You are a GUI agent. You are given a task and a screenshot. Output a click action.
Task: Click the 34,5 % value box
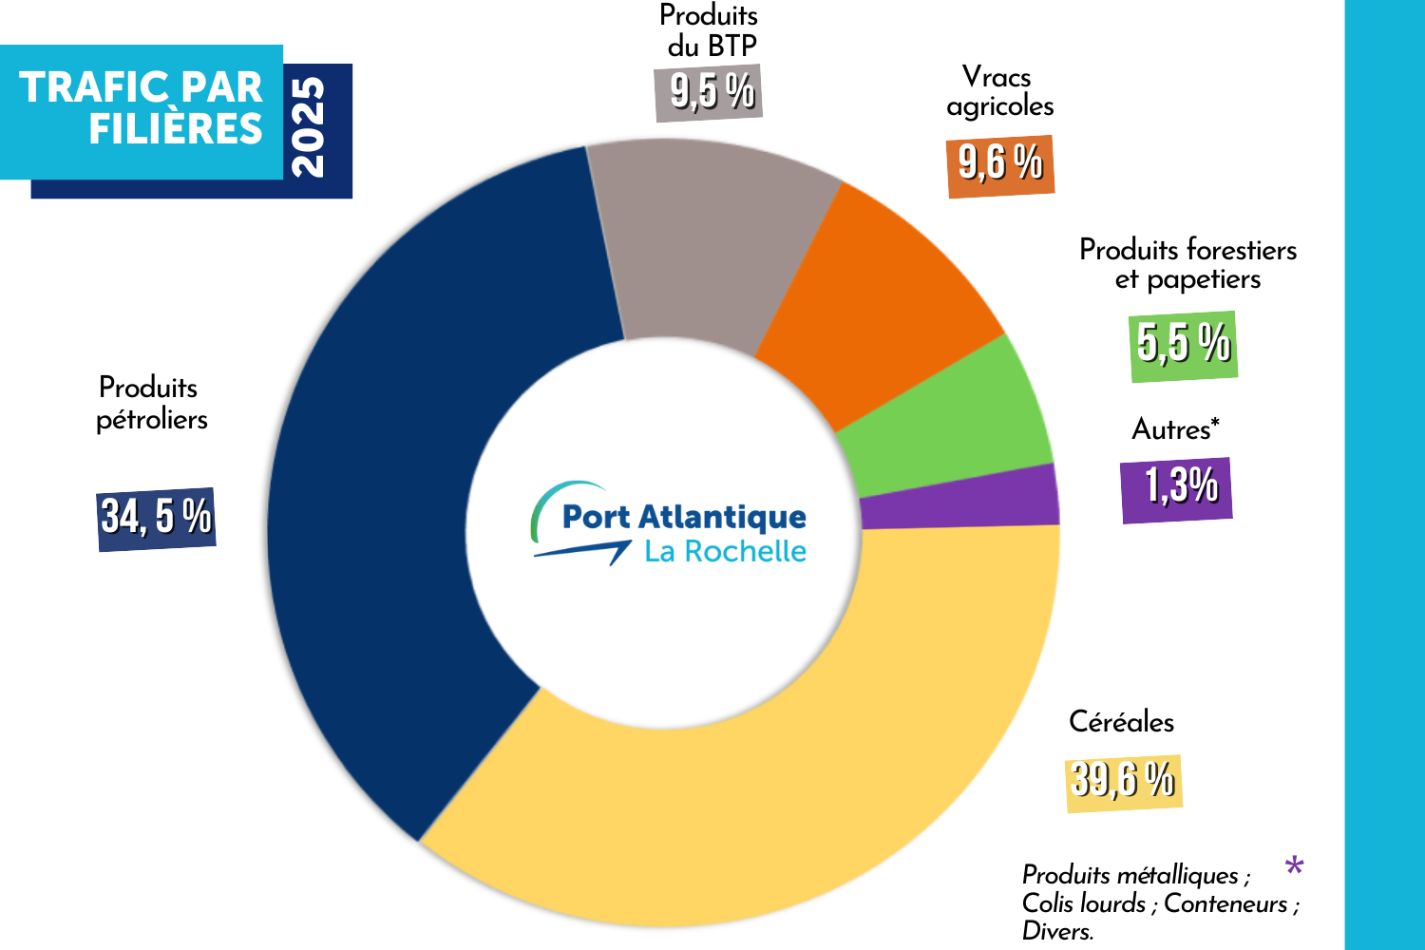[157, 518]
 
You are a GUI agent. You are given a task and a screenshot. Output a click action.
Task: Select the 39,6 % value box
[1124, 782]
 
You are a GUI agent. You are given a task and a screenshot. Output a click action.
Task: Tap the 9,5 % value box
[709, 93]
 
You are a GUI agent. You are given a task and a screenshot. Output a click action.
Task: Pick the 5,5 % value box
[1183, 345]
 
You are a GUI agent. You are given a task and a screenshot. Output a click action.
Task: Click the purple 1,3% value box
[1176, 488]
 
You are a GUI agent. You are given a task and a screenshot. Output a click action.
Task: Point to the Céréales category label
[1121, 722]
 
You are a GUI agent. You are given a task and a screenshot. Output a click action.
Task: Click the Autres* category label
[1175, 429]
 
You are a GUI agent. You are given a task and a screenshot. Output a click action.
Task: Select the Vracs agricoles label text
[999, 91]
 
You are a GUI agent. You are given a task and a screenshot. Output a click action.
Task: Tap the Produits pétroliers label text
[151, 403]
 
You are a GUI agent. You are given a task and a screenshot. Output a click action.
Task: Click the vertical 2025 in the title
[310, 127]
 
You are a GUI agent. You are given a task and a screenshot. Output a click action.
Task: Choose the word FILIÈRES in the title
[176, 129]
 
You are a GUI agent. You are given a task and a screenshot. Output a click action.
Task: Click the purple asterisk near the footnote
[1294, 865]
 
